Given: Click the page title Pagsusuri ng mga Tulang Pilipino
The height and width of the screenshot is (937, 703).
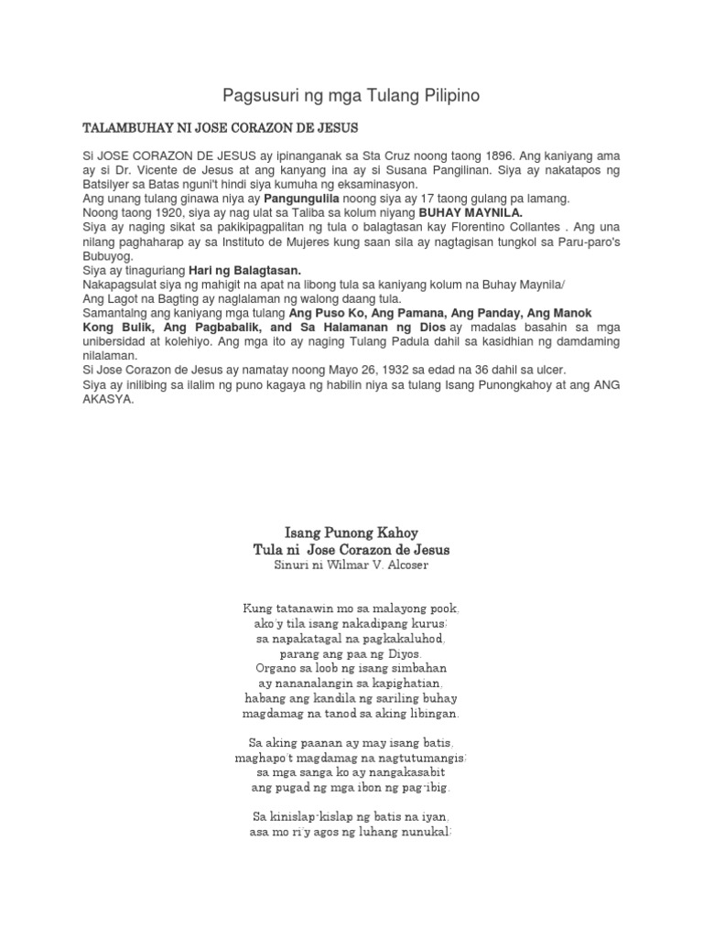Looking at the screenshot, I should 351,95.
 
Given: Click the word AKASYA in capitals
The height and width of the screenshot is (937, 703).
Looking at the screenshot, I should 107,397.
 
